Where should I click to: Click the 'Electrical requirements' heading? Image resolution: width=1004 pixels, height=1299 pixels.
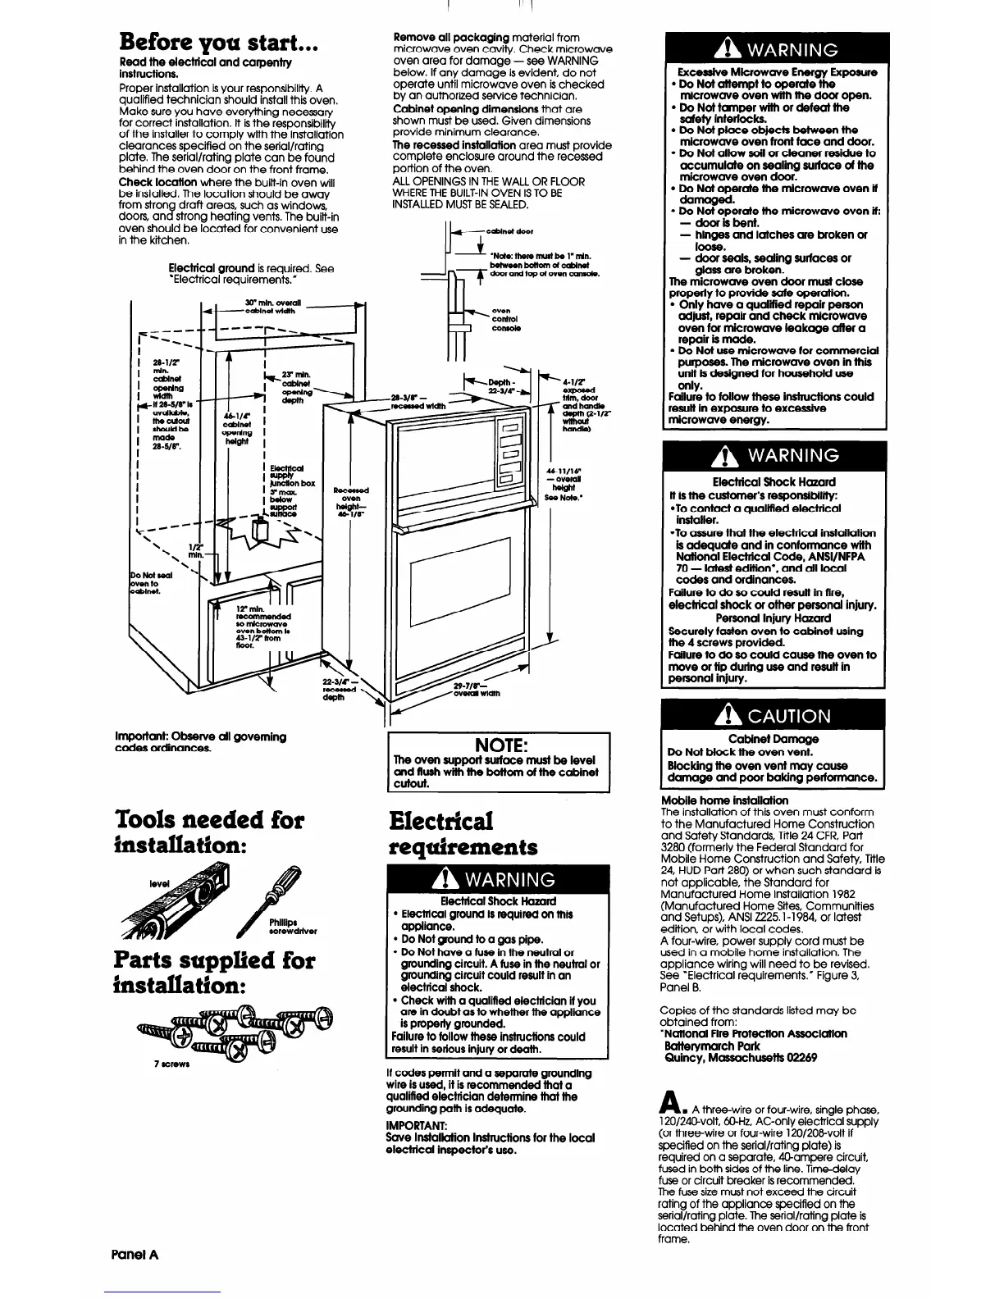[x=463, y=833]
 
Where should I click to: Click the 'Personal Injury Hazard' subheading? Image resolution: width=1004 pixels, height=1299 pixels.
[x=774, y=618]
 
